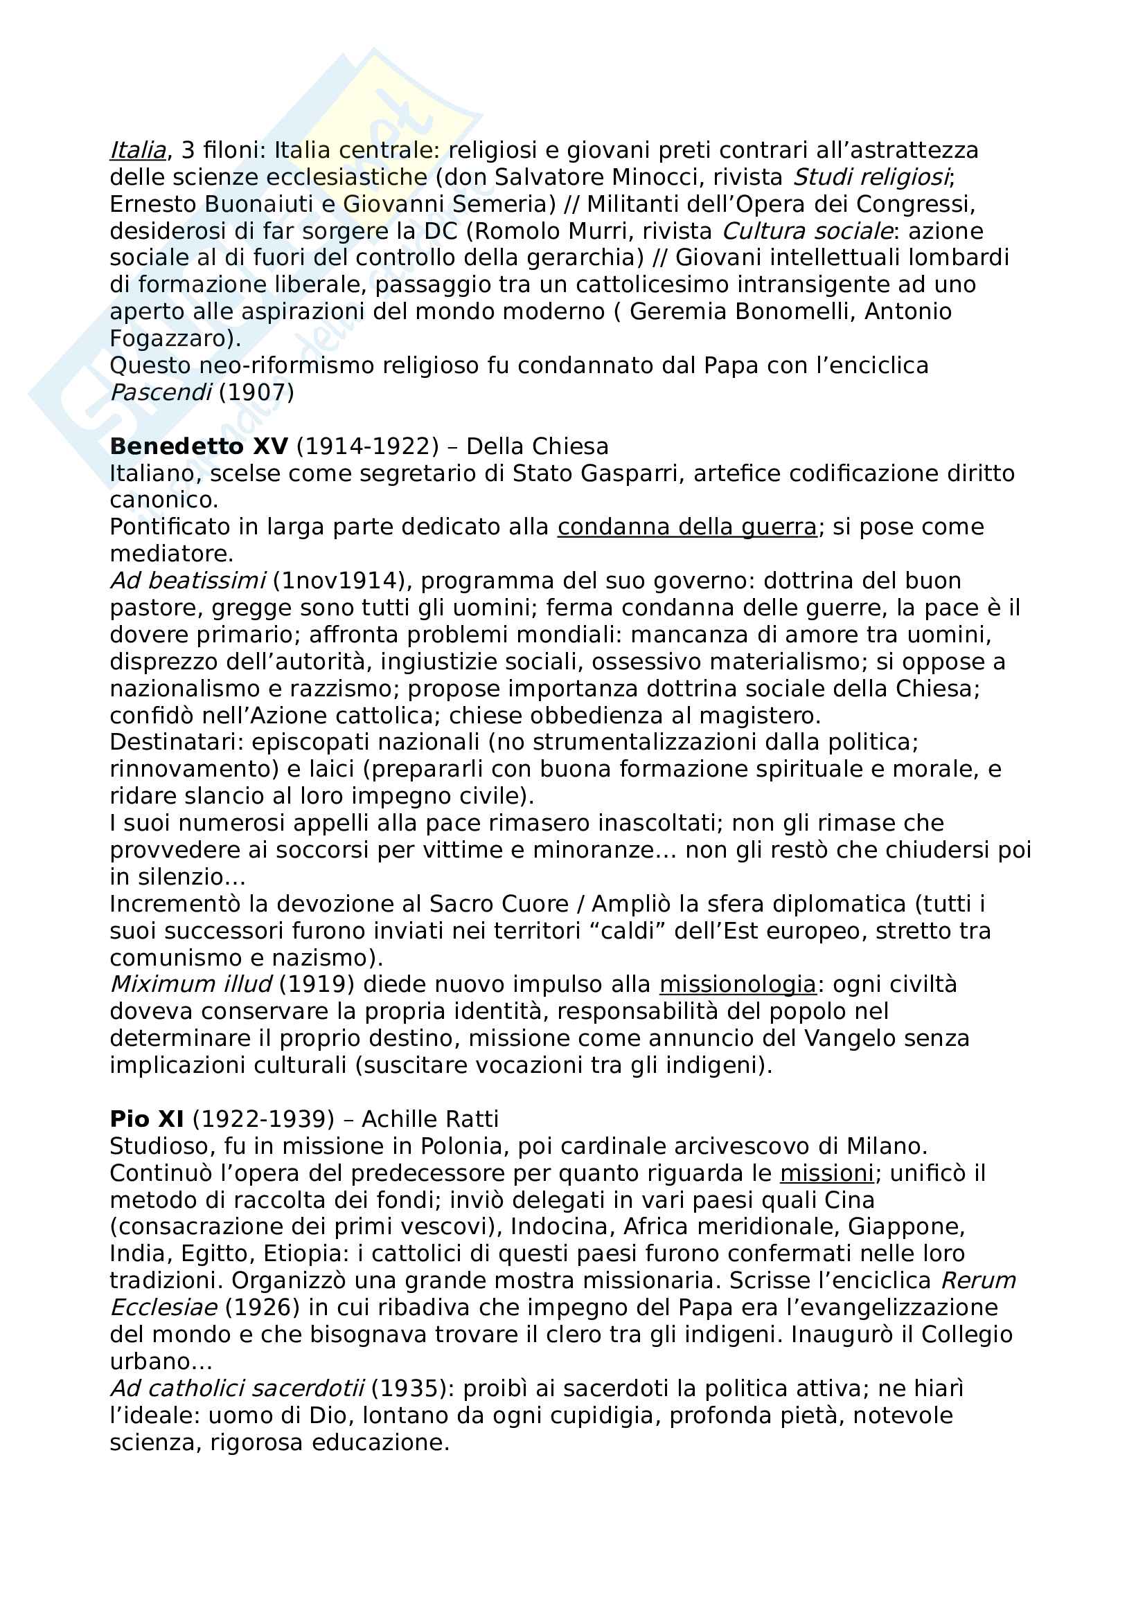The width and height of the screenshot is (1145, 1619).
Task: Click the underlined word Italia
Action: pos(139,150)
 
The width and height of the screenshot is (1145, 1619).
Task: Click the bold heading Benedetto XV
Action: pos(199,446)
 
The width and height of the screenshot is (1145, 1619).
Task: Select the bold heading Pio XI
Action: pos(147,1119)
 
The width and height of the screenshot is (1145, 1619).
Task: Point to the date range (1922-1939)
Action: pos(263,1119)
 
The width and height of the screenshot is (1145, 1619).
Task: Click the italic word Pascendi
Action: pos(161,392)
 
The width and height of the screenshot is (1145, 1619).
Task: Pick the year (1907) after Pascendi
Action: pos(256,392)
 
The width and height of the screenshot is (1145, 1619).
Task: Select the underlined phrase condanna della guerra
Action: pos(686,527)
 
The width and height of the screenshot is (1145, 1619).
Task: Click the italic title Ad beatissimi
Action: pos(188,581)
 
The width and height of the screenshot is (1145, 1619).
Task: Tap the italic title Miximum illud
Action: pos(191,984)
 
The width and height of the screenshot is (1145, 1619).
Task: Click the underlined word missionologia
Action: pos(737,984)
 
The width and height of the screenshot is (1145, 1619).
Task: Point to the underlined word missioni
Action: pos(827,1173)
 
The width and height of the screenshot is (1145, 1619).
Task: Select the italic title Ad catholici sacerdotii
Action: pos(237,1389)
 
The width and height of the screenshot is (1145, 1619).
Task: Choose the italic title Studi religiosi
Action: pos(871,177)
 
